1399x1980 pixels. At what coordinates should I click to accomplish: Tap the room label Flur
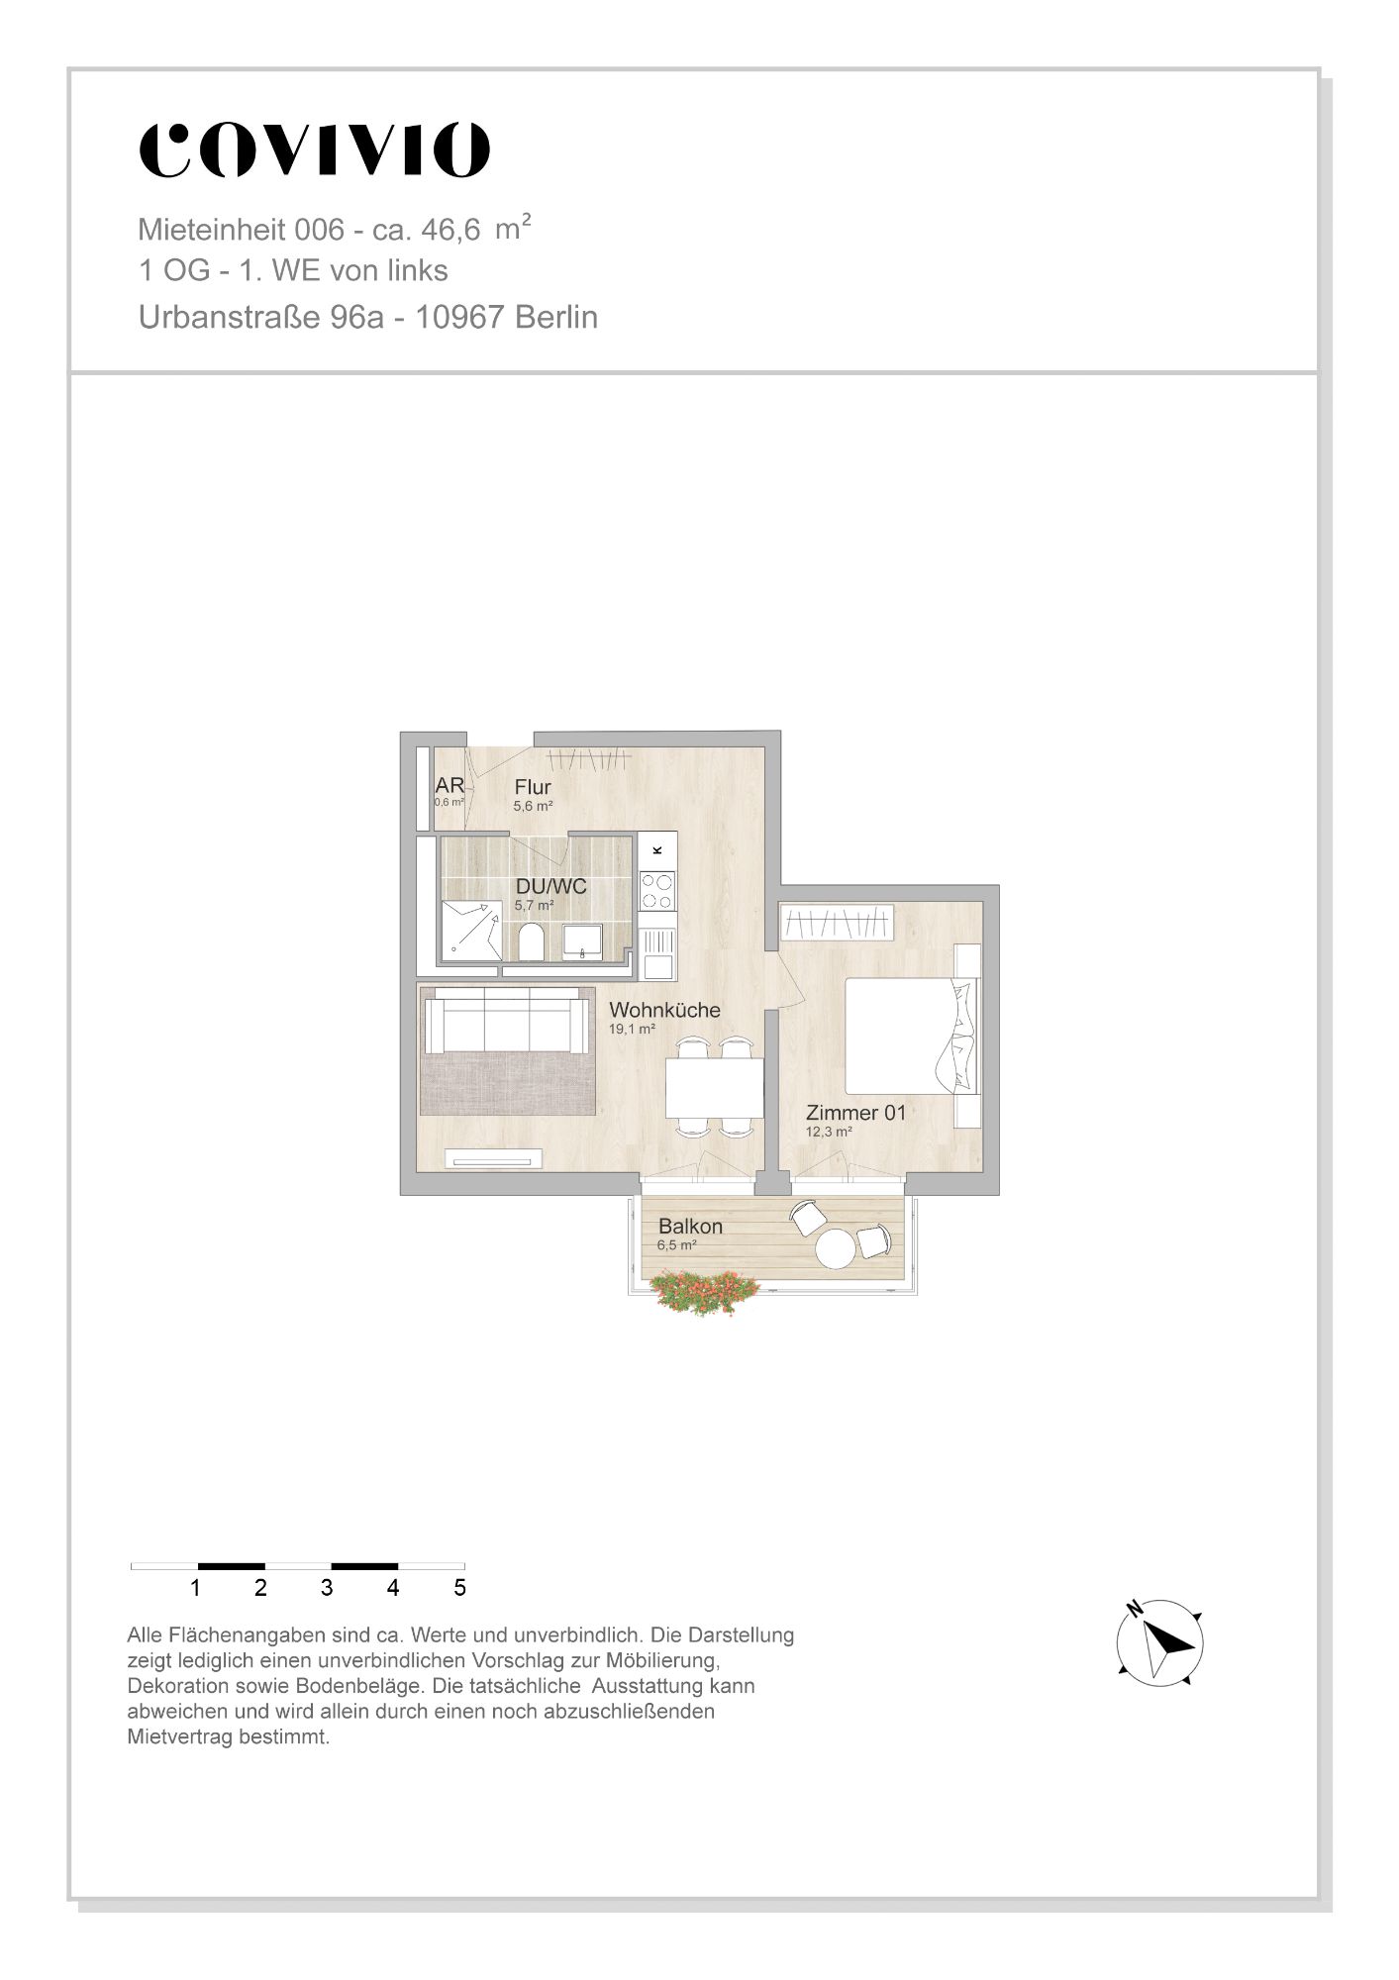click(533, 787)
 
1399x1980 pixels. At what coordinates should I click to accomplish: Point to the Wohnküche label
click(664, 1010)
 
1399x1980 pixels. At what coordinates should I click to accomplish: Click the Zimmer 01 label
click(855, 1113)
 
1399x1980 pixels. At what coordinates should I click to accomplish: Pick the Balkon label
click(690, 1226)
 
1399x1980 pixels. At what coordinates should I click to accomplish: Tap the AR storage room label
click(450, 786)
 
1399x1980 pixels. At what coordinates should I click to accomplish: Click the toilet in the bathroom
click(531, 942)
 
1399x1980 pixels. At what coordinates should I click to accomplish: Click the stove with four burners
click(657, 890)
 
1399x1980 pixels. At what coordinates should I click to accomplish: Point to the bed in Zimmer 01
click(912, 1036)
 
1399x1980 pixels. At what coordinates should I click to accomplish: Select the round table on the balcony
click(835, 1248)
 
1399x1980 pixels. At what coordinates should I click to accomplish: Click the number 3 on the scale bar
click(327, 1588)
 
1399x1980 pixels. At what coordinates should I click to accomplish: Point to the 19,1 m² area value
click(633, 1030)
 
